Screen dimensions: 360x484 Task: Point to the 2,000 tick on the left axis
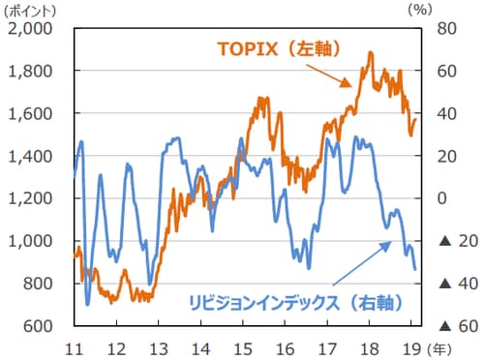[x=33, y=28]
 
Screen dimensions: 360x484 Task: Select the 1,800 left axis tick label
[x=33, y=71]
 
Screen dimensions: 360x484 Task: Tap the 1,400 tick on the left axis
[x=33, y=156]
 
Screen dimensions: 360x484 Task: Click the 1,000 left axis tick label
[x=33, y=241]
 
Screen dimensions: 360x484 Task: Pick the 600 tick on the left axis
[x=40, y=326]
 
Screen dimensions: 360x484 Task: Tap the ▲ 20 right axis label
[x=449, y=241]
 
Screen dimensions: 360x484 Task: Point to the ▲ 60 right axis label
[x=449, y=326]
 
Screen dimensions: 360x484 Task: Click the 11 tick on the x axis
[x=74, y=345]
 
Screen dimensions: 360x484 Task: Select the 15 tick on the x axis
[x=243, y=345]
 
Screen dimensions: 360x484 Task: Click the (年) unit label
[x=438, y=345]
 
